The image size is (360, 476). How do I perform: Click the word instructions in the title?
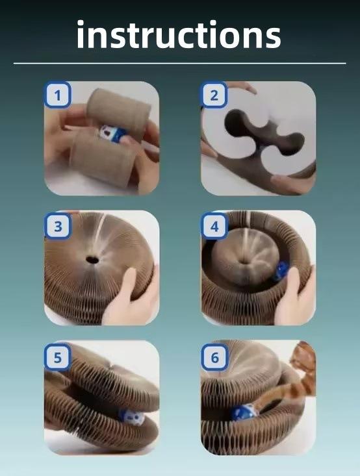pyautogui.click(x=179, y=34)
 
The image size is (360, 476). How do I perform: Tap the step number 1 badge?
pyautogui.click(x=58, y=95)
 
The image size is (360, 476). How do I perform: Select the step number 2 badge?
pyautogui.click(x=214, y=95)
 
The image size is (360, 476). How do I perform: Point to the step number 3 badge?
pyautogui.click(x=58, y=226)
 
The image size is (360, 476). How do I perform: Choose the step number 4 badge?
pyautogui.click(x=214, y=226)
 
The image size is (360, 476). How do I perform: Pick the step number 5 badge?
pyautogui.click(x=58, y=357)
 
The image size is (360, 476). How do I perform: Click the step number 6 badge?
pyautogui.click(x=214, y=357)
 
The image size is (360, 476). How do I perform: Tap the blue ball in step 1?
pyautogui.click(x=113, y=134)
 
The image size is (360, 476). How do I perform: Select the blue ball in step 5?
pyautogui.click(x=131, y=417)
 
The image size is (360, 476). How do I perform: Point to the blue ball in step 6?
pyautogui.click(x=244, y=413)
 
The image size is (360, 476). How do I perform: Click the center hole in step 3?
pyautogui.click(x=92, y=260)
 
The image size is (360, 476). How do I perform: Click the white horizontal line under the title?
pyautogui.click(x=179, y=64)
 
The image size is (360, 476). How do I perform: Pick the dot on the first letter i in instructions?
pyautogui.click(x=80, y=23)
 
